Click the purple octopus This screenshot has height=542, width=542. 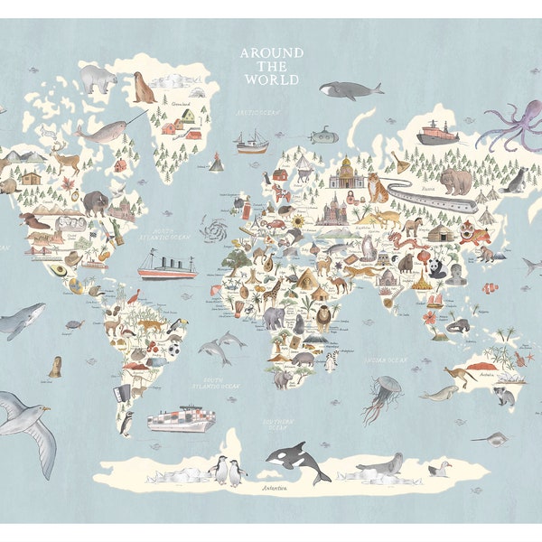tap(509, 127)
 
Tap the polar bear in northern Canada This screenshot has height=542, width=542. tap(98, 79)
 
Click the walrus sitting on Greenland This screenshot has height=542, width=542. tap(144, 88)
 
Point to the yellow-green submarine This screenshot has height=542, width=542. tap(322, 136)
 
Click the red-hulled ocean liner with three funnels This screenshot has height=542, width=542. tap(166, 266)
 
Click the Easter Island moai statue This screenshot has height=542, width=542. tap(55, 366)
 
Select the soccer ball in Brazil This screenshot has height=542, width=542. tap(173, 344)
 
